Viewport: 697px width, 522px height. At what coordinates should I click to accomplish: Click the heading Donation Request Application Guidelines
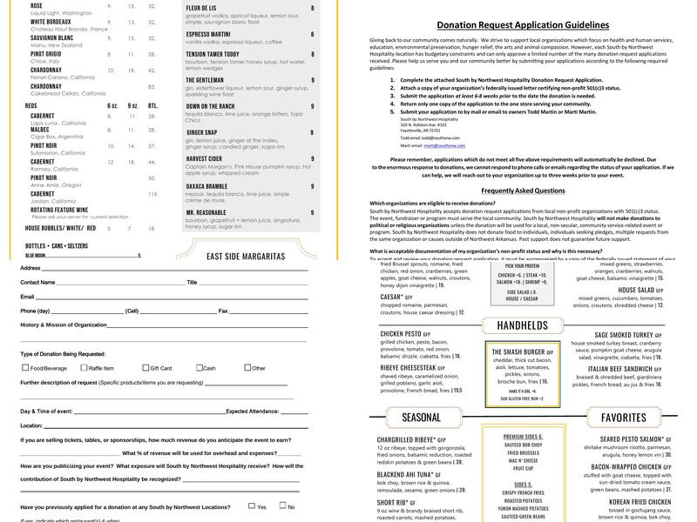[523, 25]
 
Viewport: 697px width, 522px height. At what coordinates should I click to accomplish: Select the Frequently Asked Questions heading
[523, 190]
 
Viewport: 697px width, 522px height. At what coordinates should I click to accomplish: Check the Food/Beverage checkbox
[24, 368]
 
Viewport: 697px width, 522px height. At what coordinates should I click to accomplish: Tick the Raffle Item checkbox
[84, 368]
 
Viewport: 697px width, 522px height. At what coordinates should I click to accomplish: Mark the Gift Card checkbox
[145, 368]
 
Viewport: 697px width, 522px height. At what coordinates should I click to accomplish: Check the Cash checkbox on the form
[200, 368]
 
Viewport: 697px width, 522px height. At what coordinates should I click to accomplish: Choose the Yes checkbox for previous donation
[251, 506]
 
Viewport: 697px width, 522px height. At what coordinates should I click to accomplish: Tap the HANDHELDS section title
[522, 325]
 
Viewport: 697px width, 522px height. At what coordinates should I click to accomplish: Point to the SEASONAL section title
[421, 418]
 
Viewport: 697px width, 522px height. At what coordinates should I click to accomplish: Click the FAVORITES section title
[623, 418]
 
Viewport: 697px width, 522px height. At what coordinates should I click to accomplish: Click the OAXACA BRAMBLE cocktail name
[206, 185]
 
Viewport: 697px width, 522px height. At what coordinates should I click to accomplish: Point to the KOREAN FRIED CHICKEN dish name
[639, 502]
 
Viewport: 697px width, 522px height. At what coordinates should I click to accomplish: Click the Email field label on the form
[28, 272]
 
